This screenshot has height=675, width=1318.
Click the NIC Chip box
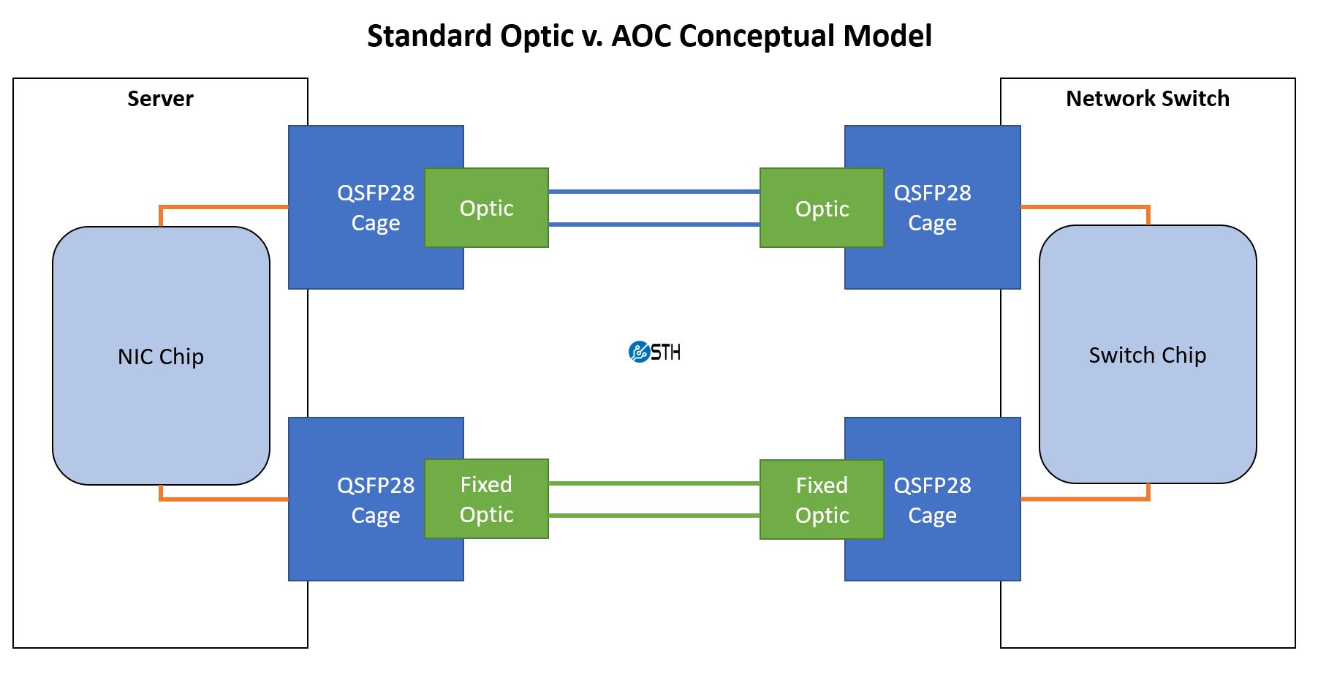[x=161, y=356]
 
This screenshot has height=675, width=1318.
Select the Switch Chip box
[x=1147, y=355]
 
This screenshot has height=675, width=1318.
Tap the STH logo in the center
[x=654, y=352]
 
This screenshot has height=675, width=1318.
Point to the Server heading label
[x=160, y=99]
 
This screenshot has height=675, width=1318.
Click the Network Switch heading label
[x=1147, y=99]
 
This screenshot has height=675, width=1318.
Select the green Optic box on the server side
[x=486, y=208]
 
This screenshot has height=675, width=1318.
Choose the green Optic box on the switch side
[x=822, y=208]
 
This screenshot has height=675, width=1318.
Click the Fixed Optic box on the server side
[x=486, y=499]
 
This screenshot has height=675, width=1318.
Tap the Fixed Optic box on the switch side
[x=822, y=500]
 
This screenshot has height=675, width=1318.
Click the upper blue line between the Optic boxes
[x=654, y=192]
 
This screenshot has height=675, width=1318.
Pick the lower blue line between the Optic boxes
[x=654, y=225]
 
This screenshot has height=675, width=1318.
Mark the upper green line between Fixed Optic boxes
[x=654, y=483]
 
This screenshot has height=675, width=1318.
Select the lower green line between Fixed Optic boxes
[x=654, y=516]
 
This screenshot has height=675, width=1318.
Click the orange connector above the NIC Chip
[x=219, y=207]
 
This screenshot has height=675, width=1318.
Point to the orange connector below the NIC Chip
[x=219, y=499]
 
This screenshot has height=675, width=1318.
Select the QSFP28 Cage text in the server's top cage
[x=375, y=208]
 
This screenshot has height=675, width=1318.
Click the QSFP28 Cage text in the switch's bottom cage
[x=932, y=500]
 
